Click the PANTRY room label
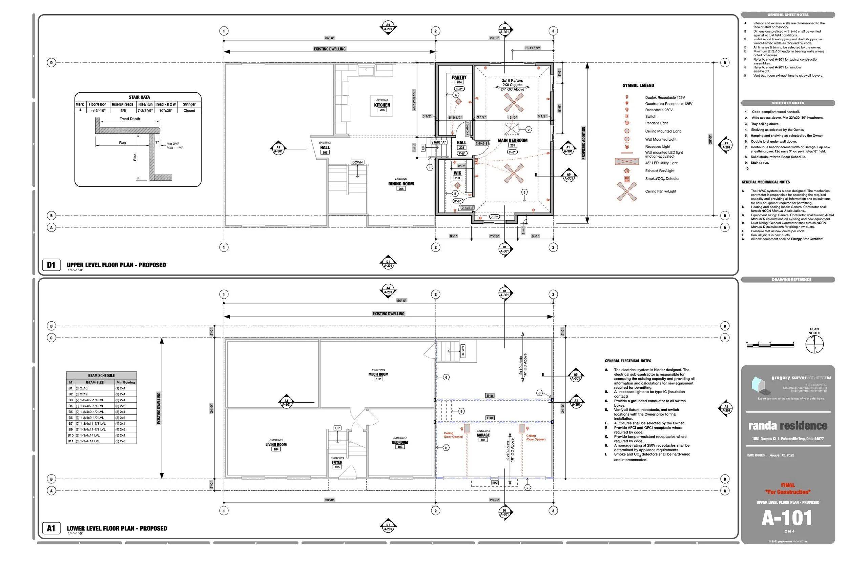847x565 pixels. tap(459, 78)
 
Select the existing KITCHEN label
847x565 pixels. tap(382, 105)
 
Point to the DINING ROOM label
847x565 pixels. tap(401, 184)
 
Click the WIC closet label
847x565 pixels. tap(457, 173)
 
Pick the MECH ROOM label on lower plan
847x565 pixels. tap(378, 375)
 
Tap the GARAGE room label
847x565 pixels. tap(483, 435)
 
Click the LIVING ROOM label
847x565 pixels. tap(276, 445)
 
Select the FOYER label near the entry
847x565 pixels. tap(337, 462)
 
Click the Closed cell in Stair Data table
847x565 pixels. tap(189, 110)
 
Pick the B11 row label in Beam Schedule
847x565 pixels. tap(70, 441)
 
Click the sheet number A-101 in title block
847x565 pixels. tap(787, 518)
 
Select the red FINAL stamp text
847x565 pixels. tap(788, 485)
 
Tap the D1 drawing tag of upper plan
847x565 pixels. tap(51, 265)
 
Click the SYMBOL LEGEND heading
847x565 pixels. tap(638, 86)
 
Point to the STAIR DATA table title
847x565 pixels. tap(139, 97)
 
